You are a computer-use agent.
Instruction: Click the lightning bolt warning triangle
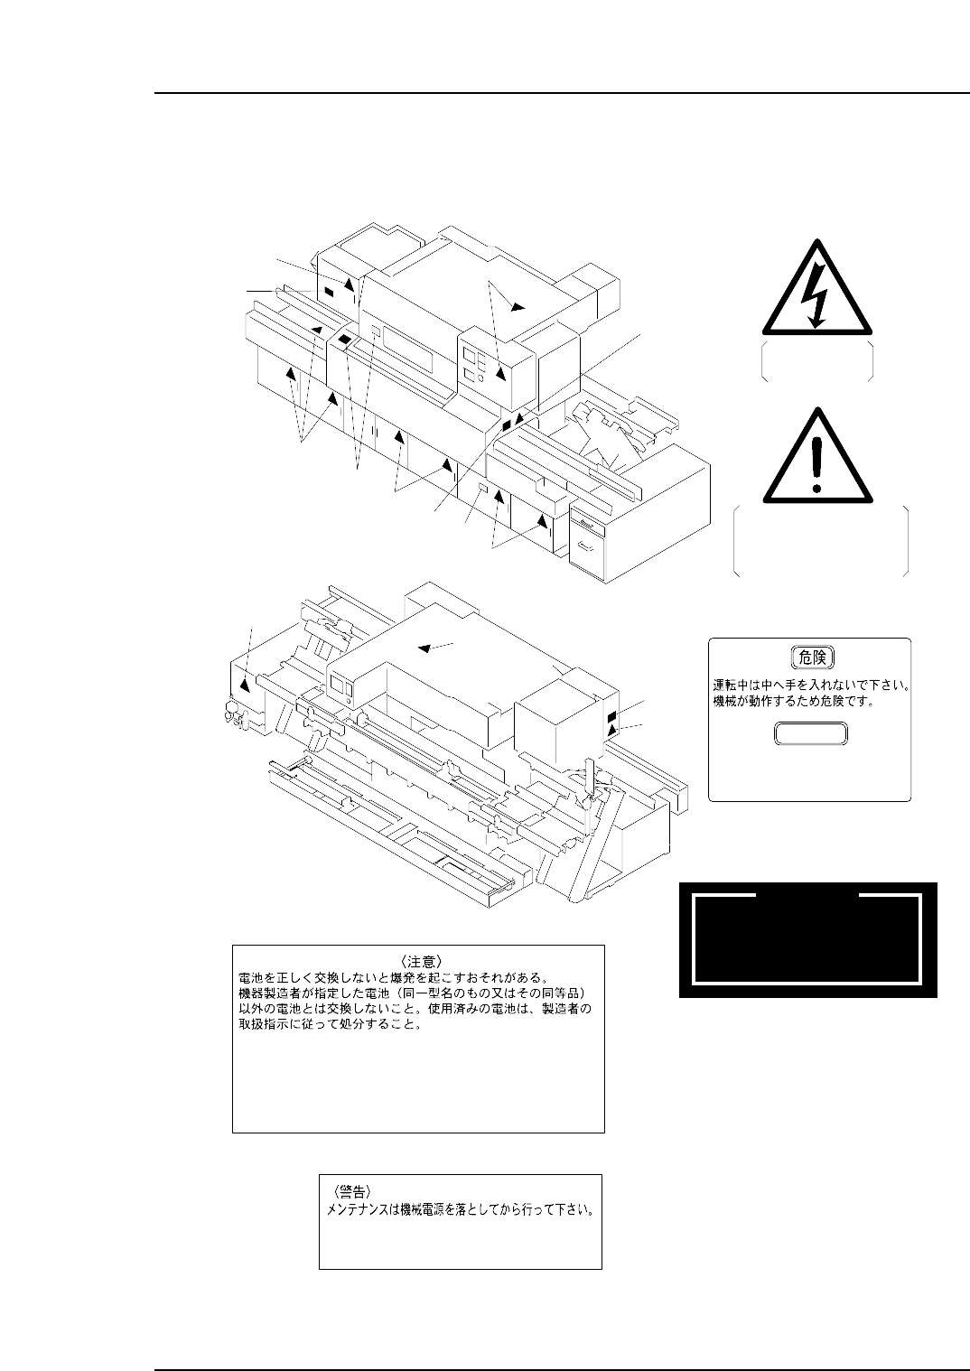(x=816, y=289)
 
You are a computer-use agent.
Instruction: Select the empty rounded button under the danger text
(x=810, y=734)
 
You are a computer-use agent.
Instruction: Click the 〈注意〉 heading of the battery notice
(x=418, y=958)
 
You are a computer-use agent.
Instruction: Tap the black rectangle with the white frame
(x=807, y=939)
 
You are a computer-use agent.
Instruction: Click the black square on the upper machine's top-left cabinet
(x=329, y=292)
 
